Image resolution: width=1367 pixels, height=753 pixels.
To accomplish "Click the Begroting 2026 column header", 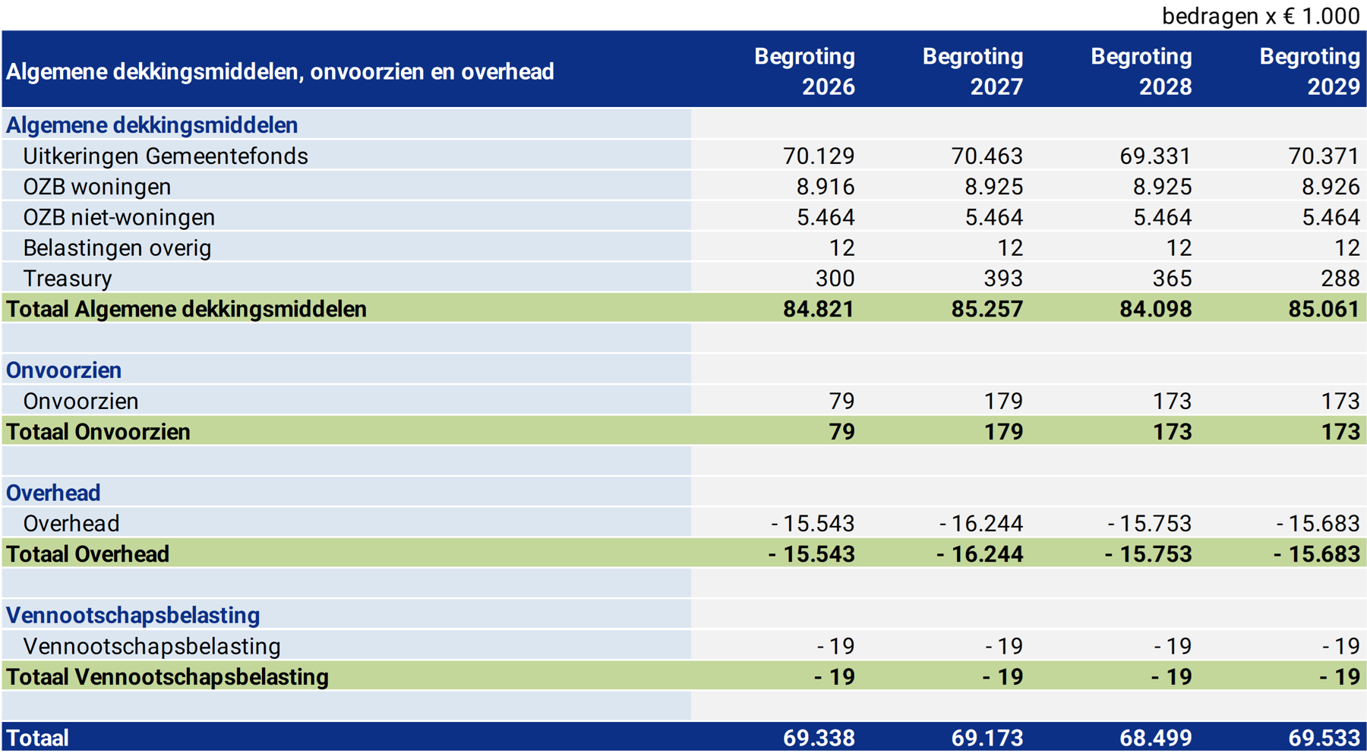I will click(804, 71).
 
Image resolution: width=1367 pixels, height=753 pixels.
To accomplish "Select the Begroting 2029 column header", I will click(1309, 71).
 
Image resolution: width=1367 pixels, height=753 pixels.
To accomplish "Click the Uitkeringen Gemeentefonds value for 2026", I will click(819, 156).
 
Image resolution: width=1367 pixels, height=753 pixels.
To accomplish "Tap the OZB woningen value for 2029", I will click(1324, 187).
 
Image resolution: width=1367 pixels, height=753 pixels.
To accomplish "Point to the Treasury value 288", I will click(1340, 279).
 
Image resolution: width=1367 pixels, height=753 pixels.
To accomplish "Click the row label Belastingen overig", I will click(117, 248).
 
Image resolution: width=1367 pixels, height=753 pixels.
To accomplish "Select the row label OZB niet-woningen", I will click(119, 218).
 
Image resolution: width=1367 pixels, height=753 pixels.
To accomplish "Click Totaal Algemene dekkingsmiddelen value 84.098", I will click(1155, 310).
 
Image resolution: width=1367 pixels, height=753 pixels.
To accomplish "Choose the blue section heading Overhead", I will click(53, 493).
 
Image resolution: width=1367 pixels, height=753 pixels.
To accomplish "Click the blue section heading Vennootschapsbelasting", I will click(133, 616).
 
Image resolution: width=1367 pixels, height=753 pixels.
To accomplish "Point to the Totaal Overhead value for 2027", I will click(980, 555).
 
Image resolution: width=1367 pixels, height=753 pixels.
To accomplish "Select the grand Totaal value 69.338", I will click(819, 738).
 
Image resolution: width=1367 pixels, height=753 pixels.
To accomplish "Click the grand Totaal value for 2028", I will click(1155, 738).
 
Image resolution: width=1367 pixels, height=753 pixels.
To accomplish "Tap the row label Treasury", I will click(68, 279).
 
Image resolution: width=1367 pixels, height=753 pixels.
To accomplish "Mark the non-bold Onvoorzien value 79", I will click(841, 401).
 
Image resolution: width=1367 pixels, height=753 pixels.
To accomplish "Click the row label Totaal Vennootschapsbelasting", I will click(167, 677).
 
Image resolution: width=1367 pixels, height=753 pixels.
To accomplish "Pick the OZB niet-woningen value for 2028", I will click(1162, 218).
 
